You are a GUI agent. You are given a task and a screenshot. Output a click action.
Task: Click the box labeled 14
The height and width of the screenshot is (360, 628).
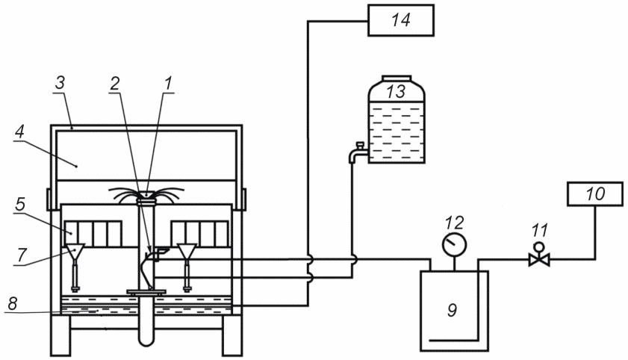pos(401,20)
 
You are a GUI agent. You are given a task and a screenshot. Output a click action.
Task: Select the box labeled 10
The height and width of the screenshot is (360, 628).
pos(594,193)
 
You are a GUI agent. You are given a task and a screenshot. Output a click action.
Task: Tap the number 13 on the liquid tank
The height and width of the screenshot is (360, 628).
pos(396,91)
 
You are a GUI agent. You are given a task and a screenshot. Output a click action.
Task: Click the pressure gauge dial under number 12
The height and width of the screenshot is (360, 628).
pos(454,244)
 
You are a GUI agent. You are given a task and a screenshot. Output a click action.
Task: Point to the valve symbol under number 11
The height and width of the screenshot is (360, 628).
pos(539,256)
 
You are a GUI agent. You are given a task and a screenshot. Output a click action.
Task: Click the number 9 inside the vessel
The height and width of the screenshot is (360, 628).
pos(453,309)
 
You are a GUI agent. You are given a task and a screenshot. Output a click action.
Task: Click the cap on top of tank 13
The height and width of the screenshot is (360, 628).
pos(397,78)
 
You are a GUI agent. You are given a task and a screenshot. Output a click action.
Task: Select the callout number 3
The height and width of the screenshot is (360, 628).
pos(60,84)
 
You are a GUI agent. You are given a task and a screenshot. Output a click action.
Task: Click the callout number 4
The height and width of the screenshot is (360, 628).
pos(19,132)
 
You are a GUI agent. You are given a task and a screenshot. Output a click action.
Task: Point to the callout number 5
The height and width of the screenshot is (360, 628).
pos(20,204)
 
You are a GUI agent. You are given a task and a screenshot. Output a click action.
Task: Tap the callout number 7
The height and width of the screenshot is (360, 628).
pos(21,255)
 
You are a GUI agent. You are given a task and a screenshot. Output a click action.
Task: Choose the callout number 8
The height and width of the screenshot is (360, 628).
pos(13,303)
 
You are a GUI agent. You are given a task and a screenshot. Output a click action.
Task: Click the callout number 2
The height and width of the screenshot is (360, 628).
pos(114,84)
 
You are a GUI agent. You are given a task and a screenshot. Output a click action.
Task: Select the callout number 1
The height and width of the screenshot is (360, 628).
pos(168,84)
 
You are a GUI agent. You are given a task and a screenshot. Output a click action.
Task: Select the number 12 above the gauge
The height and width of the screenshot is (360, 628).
pos(454,223)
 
